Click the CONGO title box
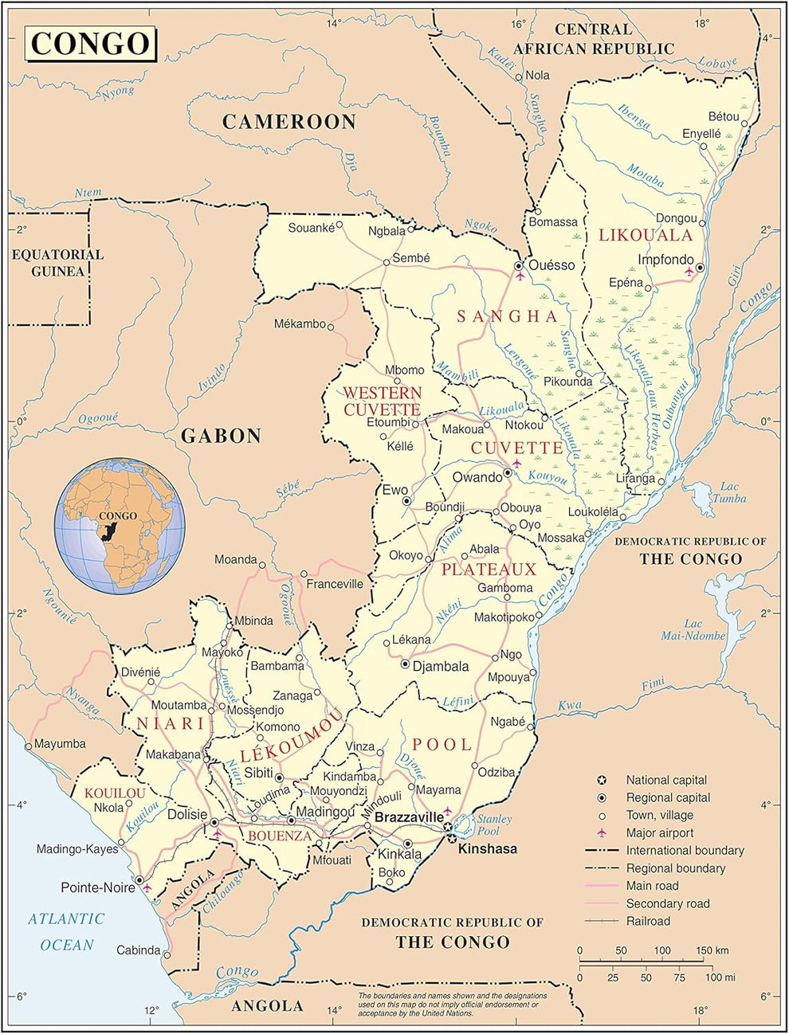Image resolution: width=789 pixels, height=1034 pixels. (90, 43)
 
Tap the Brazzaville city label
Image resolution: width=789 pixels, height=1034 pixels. (408, 817)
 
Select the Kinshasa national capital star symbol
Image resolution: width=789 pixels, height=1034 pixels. (452, 838)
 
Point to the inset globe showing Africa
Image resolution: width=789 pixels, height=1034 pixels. (120, 525)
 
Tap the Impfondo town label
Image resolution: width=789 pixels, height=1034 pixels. (665, 260)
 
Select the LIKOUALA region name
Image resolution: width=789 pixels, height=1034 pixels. (646, 235)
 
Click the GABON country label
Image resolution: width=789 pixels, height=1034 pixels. (221, 436)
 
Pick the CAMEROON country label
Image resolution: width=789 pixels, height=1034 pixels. (289, 122)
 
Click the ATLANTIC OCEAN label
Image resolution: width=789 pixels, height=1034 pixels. (67, 931)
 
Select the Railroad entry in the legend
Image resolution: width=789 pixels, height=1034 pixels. (648, 921)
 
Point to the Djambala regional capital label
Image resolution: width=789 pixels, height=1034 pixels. (440, 666)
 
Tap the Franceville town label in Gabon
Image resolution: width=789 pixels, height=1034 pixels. (335, 584)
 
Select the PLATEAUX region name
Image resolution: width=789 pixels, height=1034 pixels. (489, 570)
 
